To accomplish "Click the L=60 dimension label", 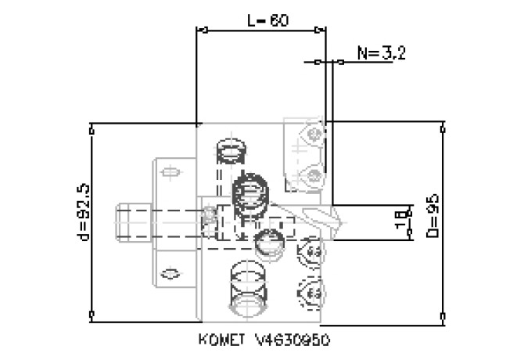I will (263, 21).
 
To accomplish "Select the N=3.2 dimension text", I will (379, 53).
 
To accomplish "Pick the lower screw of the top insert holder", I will (314, 173).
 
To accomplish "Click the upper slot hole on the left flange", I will (167, 168).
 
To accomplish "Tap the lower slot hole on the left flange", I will (167, 272).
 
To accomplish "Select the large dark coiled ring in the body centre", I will (251, 190).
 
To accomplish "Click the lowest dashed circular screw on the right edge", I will (310, 293).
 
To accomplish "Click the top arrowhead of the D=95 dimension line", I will (443, 126).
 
